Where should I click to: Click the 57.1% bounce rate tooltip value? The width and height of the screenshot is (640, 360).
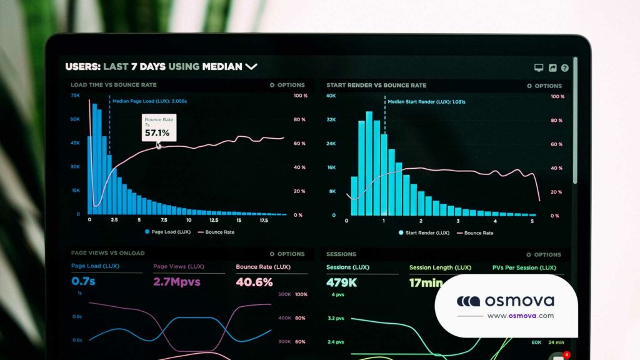coord(157,133)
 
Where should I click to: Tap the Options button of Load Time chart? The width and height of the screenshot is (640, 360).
coord(287,85)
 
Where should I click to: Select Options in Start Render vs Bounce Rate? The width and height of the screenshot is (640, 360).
coord(544,86)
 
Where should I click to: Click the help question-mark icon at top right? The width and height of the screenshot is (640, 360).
coord(565,67)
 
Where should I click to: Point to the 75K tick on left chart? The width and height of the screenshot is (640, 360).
coord(75,96)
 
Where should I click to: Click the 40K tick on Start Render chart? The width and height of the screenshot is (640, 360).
coord(331,96)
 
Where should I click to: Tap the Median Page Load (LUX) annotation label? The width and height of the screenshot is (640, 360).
coord(149,100)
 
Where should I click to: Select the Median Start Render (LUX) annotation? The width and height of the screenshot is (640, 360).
coord(426,101)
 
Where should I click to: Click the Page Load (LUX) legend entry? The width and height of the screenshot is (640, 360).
coord(167,232)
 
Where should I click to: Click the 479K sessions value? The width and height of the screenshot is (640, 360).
coord(341,282)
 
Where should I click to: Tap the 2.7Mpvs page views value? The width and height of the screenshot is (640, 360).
coord(177,282)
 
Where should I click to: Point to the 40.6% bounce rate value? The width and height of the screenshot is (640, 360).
coord(254,282)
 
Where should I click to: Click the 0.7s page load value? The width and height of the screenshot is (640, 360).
coord(83,282)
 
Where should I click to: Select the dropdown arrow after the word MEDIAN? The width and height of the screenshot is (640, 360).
coord(251,66)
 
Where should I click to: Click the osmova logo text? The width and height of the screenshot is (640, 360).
coord(519,301)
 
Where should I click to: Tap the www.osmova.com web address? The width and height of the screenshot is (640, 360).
coord(520,316)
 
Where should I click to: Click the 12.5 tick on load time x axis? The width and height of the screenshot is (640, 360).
coord(213,221)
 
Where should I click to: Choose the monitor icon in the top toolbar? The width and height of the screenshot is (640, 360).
coord(539,67)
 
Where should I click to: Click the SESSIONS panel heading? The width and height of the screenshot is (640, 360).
coord(341,254)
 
